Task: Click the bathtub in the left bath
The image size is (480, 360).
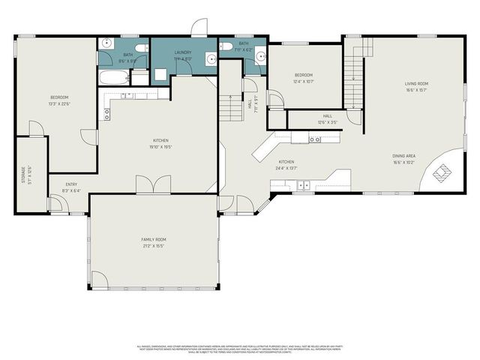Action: click(112, 77)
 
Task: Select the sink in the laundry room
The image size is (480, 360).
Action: click(211, 63)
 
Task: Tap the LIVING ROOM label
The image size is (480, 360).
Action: click(416, 83)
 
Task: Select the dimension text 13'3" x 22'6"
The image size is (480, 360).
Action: click(58, 103)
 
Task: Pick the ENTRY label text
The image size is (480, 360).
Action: click(71, 184)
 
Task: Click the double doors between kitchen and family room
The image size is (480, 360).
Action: click(153, 185)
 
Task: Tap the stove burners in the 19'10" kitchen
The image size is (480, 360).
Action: click(106, 114)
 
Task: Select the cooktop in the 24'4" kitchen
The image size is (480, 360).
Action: click(315, 139)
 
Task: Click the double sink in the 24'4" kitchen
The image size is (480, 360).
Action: click(303, 184)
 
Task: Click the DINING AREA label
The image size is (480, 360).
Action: click(404, 156)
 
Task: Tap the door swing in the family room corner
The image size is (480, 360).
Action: click(99, 280)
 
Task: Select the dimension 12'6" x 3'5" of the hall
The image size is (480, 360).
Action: click(327, 122)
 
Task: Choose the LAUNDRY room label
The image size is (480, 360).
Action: click(183, 52)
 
